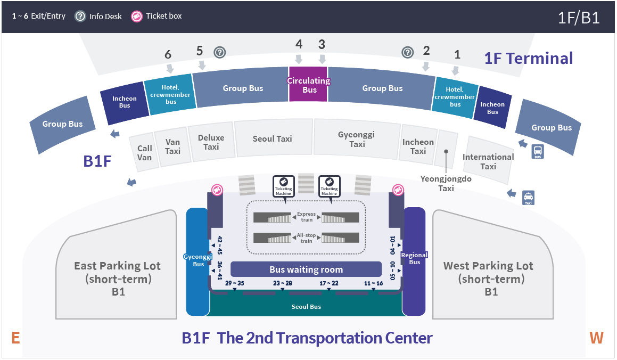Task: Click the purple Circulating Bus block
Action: coord(308,85)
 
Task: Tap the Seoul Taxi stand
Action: coord(273,138)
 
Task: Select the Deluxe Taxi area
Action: coord(211,142)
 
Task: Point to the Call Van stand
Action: coord(144,153)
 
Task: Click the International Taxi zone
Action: coord(488,161)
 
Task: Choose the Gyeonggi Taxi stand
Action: coord(357,139)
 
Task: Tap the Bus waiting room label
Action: coord(306,269)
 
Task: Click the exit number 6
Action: coord(168,54)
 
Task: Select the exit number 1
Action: coord(457,54)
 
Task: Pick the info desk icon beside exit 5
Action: coord(219,52)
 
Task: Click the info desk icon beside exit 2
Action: coord(408,52)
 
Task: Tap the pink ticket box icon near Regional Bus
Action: coord(398,190)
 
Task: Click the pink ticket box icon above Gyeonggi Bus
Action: coord(217,190)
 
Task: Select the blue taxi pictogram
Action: coord(528,198)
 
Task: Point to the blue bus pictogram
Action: coord(538,151)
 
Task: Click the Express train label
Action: coord(307,217)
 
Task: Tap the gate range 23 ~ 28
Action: coord(283,283)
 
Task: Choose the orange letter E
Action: coord(15,338)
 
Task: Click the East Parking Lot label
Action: coord(118,279)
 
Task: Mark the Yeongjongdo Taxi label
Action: coord(446,183)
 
